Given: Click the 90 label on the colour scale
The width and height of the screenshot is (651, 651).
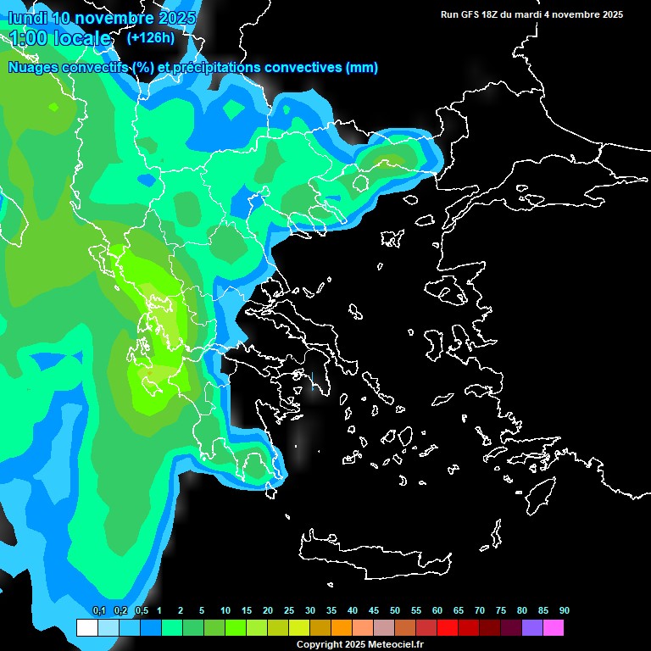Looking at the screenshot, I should (565, 610).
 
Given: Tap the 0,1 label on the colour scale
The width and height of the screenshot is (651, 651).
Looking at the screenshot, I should (99, 610).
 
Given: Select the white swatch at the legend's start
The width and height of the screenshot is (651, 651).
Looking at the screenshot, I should (86, 627).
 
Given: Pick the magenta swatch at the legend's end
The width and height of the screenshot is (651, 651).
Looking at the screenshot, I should (553, 627).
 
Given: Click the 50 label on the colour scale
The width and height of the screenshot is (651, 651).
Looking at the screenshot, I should (395, 610).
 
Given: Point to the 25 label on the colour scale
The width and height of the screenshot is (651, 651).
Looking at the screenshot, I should (289, 610).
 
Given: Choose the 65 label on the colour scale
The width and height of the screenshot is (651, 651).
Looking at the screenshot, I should (459, 610).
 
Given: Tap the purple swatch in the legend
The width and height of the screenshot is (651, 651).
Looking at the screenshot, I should (531, 627).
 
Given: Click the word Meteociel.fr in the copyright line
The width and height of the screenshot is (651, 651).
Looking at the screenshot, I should (397, 645).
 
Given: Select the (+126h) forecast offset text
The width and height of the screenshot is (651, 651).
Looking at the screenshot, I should (150, 37).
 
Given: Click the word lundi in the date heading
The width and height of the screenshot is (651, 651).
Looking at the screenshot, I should (25, 18).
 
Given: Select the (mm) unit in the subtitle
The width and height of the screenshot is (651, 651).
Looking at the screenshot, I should (362, 68).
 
